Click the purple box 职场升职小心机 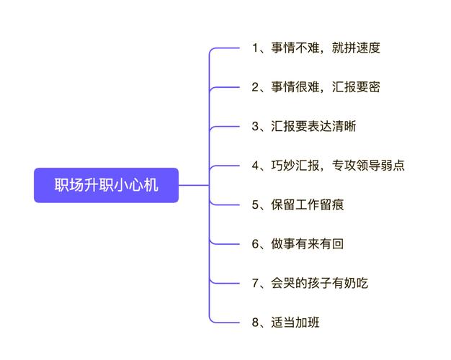106,185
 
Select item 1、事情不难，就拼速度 316,48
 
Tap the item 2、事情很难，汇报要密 316,87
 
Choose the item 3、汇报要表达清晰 303,127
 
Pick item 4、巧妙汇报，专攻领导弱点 328,166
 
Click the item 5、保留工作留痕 298,204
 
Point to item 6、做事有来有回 298,243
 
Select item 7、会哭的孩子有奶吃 310,283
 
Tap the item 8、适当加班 285,322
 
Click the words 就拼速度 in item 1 356,48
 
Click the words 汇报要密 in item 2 356,87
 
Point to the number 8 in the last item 256,322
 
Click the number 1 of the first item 256,48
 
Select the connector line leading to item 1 227,48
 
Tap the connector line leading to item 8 227,321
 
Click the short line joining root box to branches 193,185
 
